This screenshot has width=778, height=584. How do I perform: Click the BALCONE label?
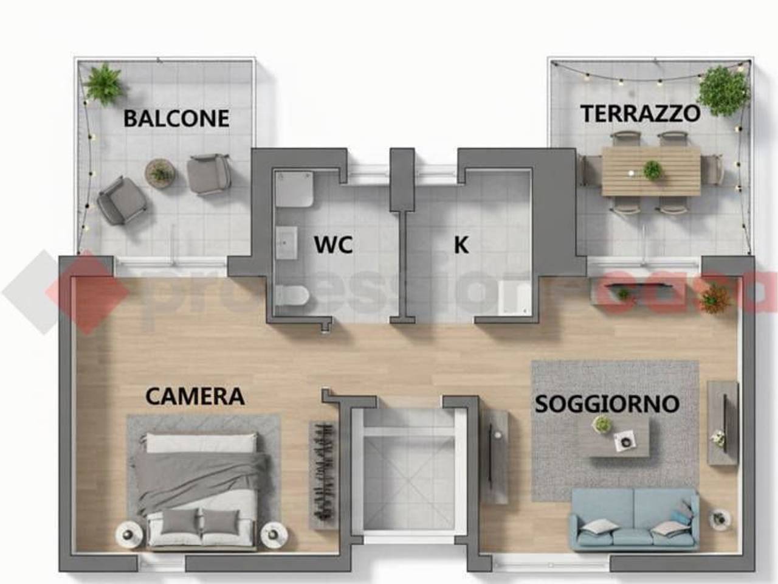click(176, 118)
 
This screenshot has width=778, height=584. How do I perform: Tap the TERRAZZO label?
click(640, 114)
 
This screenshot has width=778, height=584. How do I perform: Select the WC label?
click(333, 245)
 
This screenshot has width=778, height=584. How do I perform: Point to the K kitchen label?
click(461, 245)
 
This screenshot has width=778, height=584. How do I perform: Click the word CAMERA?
click(194, 396)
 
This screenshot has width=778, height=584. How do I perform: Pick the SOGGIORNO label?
click(607, 403)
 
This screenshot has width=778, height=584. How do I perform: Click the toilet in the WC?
click(293, 296)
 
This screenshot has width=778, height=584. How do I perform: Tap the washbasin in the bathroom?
click(287, 243)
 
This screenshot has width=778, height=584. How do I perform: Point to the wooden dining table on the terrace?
click(651, 171)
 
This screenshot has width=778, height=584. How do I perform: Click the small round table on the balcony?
click(160, 173)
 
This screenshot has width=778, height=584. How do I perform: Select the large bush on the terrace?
click(722, 91)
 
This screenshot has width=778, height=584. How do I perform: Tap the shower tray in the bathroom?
click(294, 190)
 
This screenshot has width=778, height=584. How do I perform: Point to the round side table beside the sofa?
click(721, 519)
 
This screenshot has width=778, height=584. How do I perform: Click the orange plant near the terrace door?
click(715, 298)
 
